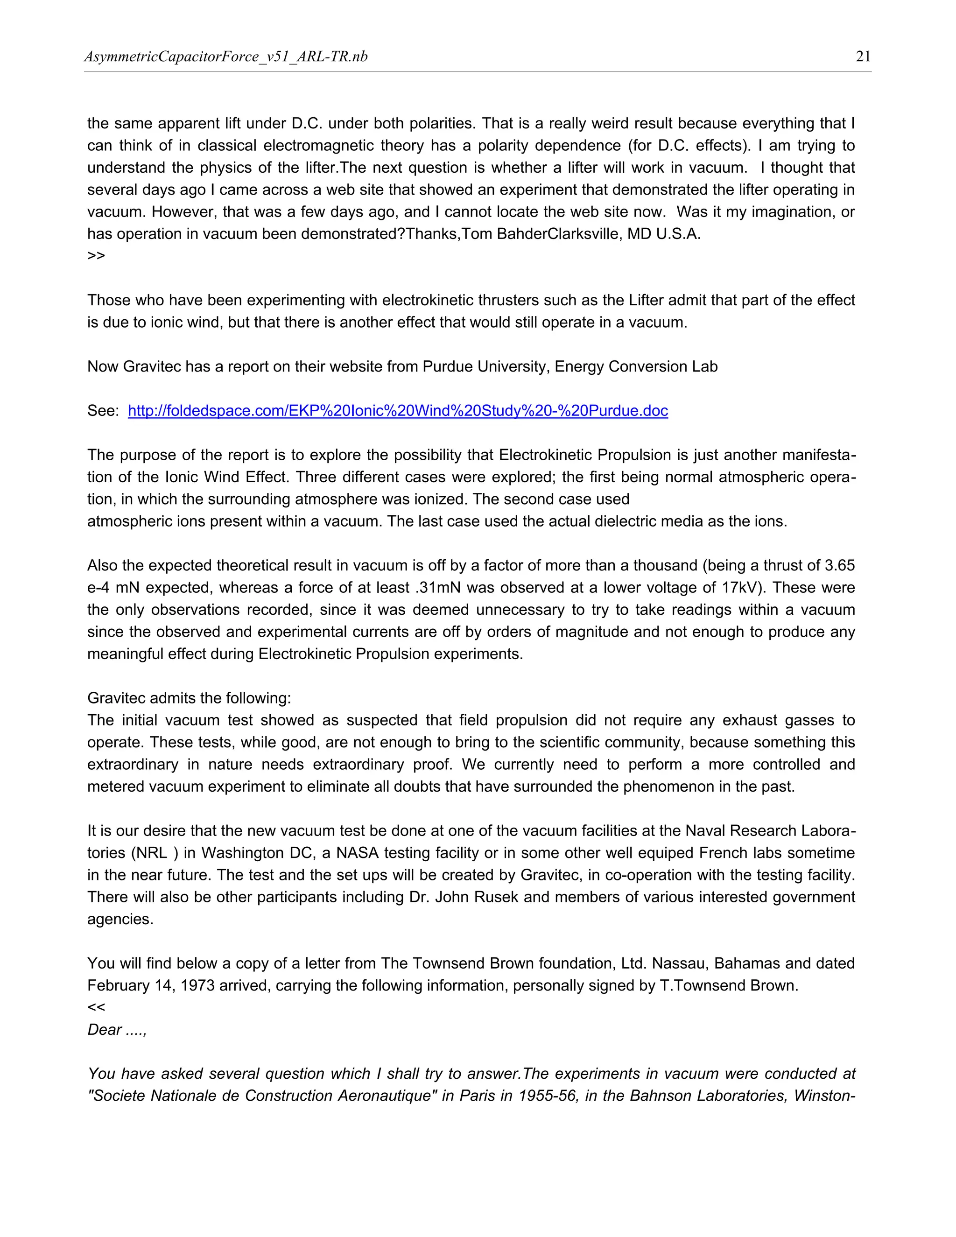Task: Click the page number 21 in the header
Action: [863, 56]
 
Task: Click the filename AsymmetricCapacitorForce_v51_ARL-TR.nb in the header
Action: [226, 56]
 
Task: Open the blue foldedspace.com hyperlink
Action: [398, 411]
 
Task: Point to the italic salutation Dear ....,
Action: [117, 1030]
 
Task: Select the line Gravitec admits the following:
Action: [189, 698]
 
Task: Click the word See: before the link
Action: [103, 411]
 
